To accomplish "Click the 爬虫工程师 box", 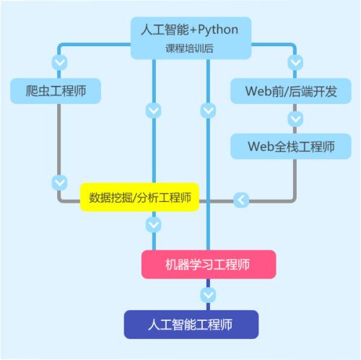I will click(x=56, y=91).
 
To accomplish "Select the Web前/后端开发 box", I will click(x=290, y=92).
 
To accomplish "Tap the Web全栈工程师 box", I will click(x=290, y=146).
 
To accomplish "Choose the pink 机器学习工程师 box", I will click(x=208, y=264).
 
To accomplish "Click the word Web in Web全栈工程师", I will click(x=261, y=146).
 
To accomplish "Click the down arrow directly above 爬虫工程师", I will click(x=61, y=62).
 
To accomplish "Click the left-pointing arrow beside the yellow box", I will click(x=242, y=198).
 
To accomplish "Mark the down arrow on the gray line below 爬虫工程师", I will click(x=61, y=181).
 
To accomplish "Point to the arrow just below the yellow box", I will click(x=153, y=225).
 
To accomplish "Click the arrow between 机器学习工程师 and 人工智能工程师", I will click(x=208, y=294).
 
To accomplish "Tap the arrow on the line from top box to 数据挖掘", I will click(x=153, y=110).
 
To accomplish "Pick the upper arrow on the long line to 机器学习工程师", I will click(x=208, y=110).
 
